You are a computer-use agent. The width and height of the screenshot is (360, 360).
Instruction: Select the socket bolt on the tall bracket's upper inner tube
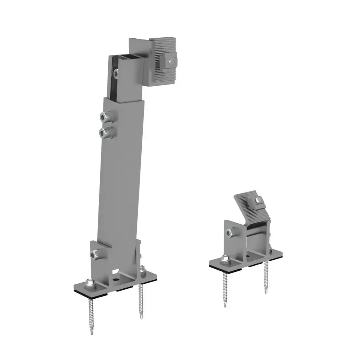116,73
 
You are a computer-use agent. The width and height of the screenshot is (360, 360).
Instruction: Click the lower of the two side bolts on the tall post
103,132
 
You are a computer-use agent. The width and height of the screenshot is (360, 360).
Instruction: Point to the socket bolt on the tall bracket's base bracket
94,255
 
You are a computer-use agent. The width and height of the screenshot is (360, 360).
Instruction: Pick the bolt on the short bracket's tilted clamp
259,201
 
